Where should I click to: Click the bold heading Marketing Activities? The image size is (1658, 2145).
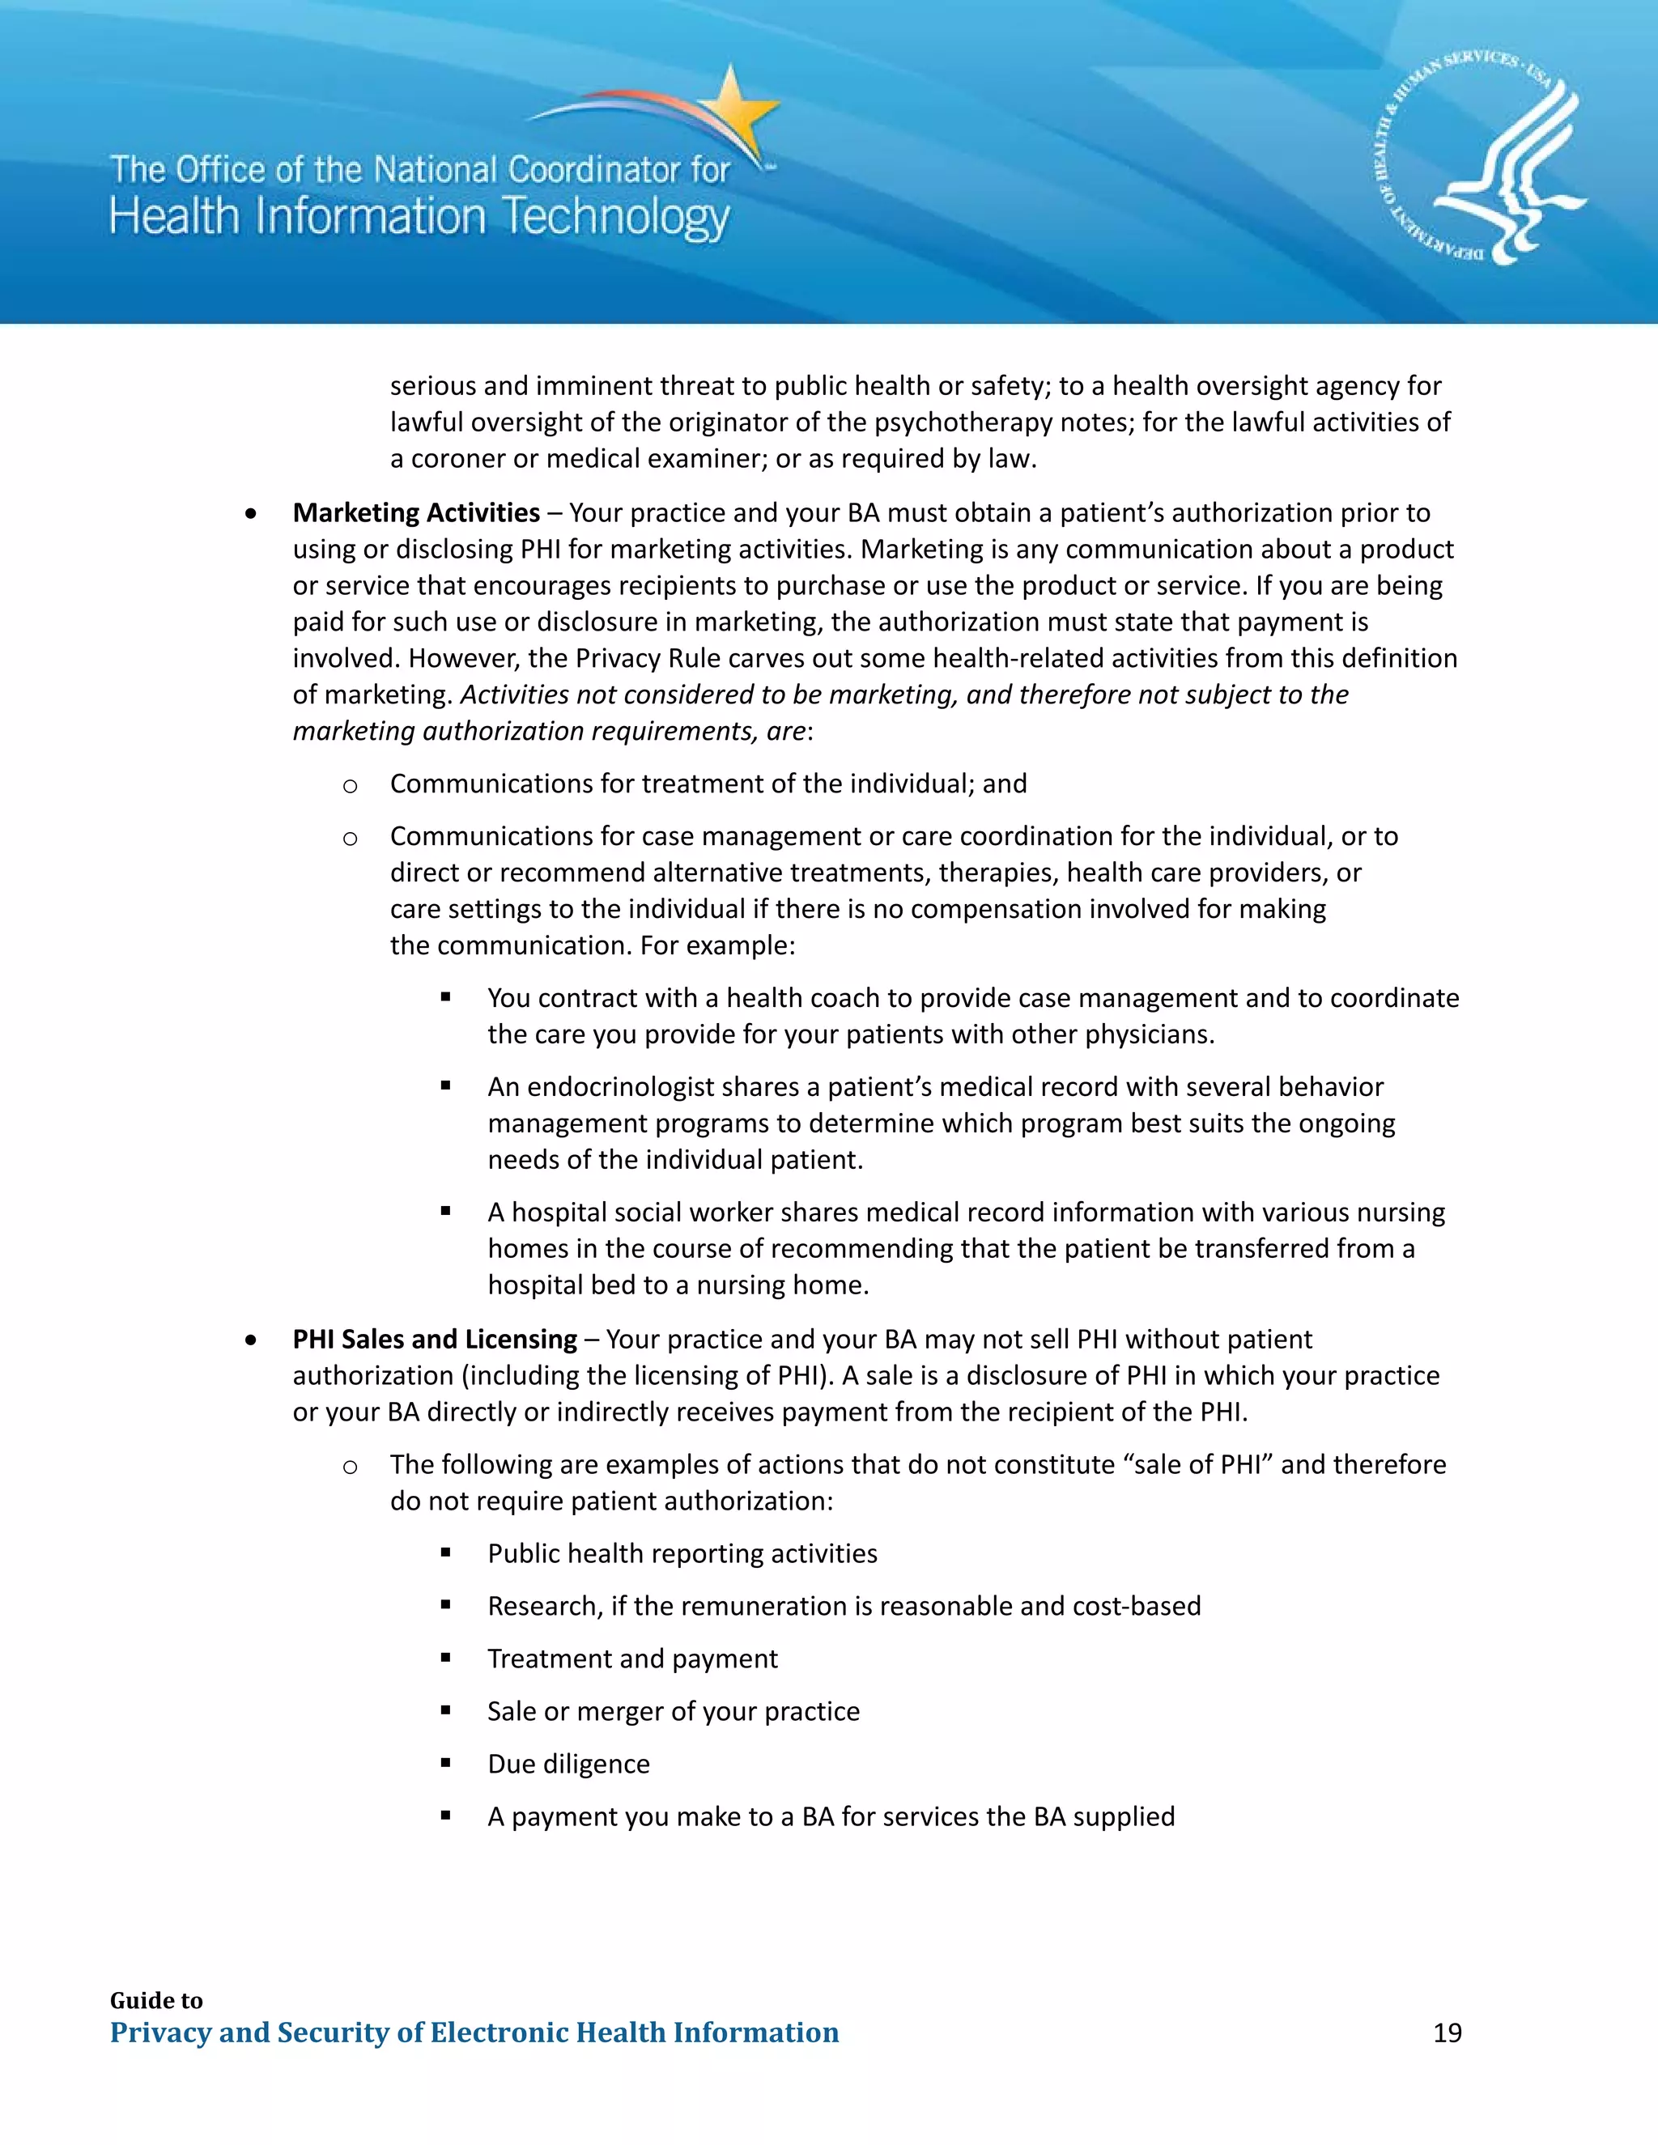tap(415, 512)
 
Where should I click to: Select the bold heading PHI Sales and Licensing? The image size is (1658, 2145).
tap(434, 1339)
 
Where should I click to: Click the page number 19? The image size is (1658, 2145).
tap(1447, 2033)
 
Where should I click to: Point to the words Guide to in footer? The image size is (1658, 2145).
tap(156, 2001)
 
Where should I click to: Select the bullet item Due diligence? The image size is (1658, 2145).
tap(568, 1764)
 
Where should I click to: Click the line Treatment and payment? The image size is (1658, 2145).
tap(631, 1659)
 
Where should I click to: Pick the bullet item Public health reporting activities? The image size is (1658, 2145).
tap(682, 1554)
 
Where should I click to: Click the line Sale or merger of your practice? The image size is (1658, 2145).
tap(673, 1711)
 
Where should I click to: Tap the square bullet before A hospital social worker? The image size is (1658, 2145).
tap(446, 1212)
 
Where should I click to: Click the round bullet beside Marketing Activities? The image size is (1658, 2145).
tap(253, 514)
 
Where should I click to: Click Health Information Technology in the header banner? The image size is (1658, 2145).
tap(419, 216)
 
